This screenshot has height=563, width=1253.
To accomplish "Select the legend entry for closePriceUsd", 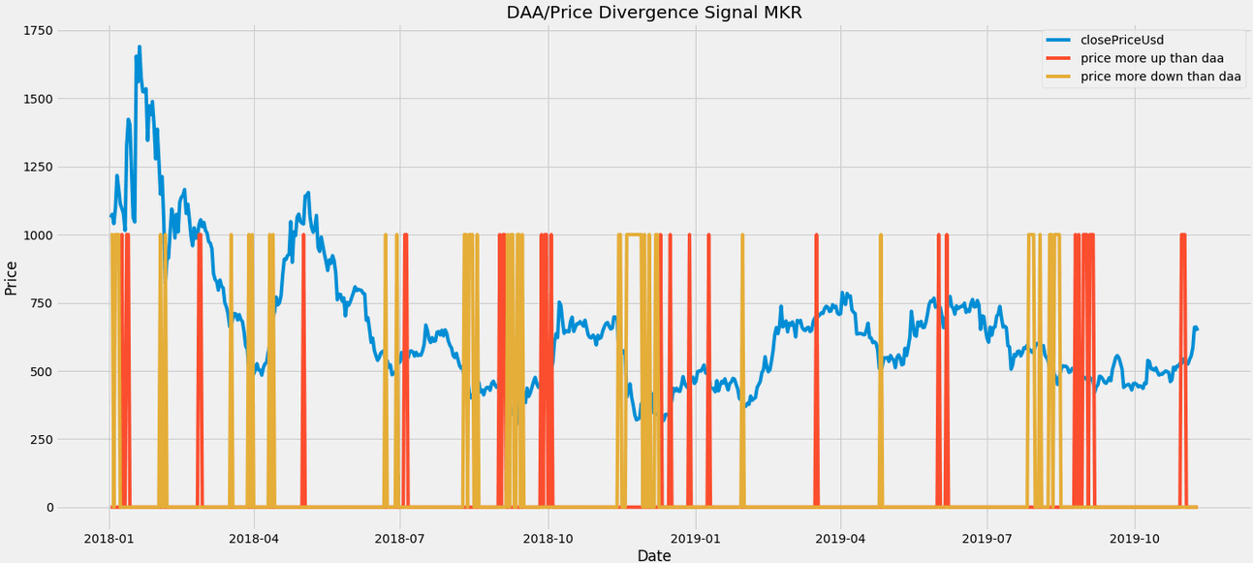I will (1121, 40).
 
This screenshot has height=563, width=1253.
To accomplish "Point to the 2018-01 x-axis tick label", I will (109, 536).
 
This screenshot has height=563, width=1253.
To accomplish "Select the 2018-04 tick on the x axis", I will (254, 536).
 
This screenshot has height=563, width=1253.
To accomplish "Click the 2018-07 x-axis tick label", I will (400, 536).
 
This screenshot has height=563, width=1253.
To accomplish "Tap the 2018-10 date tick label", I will (548, 536).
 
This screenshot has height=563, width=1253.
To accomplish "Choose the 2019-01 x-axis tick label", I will (696, 536).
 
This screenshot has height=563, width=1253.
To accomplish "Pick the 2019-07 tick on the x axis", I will (987, 536).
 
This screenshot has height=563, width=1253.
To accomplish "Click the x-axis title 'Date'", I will (654, 555).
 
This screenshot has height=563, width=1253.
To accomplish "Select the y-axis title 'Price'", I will (12, 278).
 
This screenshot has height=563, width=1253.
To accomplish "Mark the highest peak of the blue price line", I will (140, 47).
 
